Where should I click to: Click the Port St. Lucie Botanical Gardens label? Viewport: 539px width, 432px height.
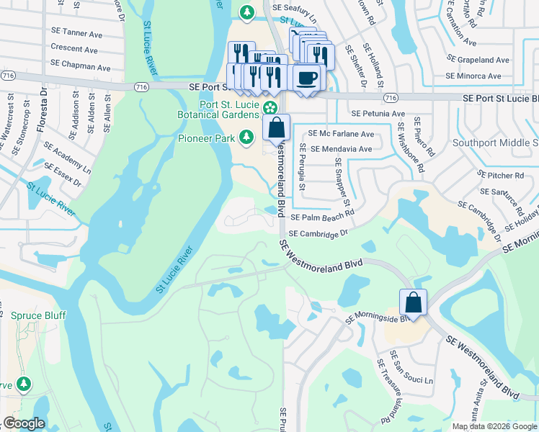click(x=219, y=109)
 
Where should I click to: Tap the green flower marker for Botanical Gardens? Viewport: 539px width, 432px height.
click(x=269, y=109)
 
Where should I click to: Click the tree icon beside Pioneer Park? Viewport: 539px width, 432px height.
click(x=246, y=136)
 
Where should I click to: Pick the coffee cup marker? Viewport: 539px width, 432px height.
click(x=307, y=77)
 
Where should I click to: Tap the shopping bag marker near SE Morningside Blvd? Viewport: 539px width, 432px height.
click(x=414, y=303)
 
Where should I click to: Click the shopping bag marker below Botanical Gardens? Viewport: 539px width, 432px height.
click(x=276, y=128)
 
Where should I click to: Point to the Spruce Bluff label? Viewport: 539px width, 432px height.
click(x=36, y=315)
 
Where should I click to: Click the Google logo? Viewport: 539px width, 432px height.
click(x=24, y=423)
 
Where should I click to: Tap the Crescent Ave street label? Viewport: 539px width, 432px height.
click(x=74, y=49)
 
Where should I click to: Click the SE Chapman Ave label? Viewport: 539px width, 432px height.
click(x=81, y=68)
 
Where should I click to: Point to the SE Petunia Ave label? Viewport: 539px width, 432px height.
click(x=378, y=114)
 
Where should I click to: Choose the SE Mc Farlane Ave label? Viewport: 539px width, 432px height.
click(x=342, y=134)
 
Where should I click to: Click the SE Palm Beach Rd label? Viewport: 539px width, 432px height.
click(x=322, y=216)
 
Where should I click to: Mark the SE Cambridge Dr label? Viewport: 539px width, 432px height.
click(x=318, y=233)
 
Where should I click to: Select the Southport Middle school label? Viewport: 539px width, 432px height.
click(x=495, y=143)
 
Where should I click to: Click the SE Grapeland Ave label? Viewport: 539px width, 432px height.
click(x=478, y=60)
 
